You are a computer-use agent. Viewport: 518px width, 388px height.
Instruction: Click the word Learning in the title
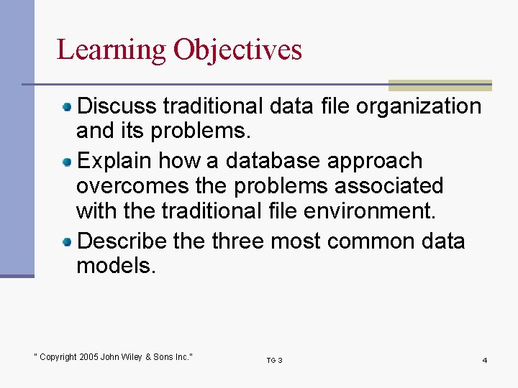click(x=112, y=50)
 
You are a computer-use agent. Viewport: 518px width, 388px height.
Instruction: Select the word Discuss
click(x=117, y=106)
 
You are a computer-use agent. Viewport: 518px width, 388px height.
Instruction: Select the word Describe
click(x=122, y=241)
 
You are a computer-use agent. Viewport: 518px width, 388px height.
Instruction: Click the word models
click(x=115, y=266)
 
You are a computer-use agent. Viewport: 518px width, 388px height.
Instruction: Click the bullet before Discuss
click(x=67, y=107)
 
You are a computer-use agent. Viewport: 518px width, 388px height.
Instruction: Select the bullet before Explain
click(x=67, y=161)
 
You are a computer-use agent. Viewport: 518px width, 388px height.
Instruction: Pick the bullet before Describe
click(x=67, y=241)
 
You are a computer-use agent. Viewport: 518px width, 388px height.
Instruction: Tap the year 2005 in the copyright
click(x=89, y=357)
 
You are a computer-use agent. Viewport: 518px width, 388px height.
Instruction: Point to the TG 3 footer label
click(x=274, y=360)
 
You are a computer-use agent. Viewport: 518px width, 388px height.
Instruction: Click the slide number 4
click(x=484, y=360)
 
